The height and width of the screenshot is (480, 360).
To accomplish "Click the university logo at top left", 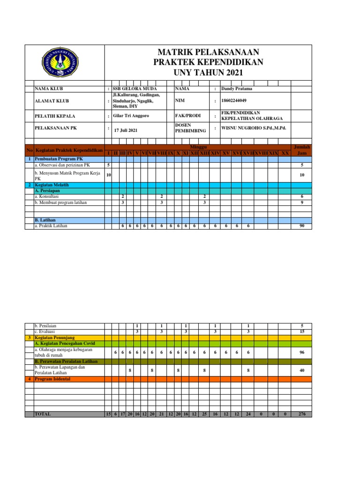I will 64,64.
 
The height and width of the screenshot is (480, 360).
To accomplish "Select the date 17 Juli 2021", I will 126,130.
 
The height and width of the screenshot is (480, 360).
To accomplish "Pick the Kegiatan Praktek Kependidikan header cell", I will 68,150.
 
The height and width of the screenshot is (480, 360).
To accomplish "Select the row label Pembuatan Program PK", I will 58,159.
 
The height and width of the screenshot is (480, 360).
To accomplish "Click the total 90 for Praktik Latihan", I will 301,226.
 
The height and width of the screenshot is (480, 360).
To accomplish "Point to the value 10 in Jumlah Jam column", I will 301,175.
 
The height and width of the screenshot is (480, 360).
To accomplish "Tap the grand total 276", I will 301,414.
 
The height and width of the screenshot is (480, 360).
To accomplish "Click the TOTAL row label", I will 43,414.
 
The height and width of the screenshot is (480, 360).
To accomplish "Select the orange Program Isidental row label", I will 52,379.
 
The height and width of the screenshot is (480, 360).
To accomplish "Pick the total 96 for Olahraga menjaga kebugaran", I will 301,352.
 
